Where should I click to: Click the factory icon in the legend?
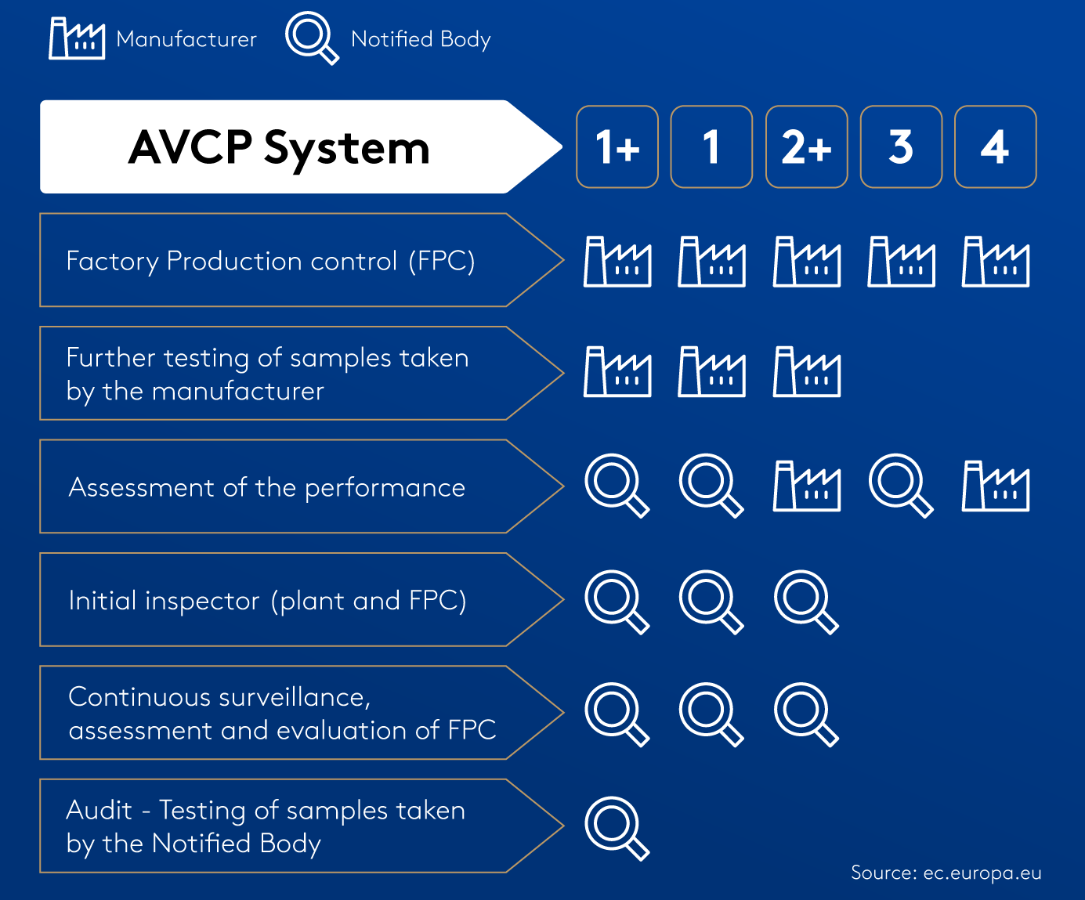pos(76,38)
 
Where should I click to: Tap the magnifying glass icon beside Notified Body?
pos(310,37)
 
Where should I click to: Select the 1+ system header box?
pos(617,146)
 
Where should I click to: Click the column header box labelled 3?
pos(901,146)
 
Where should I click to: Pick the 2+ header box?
pos(806,146)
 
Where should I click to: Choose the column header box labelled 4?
pos(995,146)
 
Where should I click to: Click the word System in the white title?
pos(346,148)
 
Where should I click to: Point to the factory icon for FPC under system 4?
pos(995,262)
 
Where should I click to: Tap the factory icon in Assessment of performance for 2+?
pos(806,486)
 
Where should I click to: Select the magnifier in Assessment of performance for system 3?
pos(899,485)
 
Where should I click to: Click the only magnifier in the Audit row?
pos(616,827)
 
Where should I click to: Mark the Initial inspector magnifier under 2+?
pos(805,601)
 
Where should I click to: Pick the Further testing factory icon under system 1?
pos(711,372)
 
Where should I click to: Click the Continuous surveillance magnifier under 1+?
pos(616,714)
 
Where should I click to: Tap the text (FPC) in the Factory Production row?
pos(441,261)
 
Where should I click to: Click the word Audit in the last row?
pos(99,810)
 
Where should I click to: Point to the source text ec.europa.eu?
pos(982,873)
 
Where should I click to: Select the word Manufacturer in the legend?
pos(186,39)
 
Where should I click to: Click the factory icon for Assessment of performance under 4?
pos(995,486)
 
